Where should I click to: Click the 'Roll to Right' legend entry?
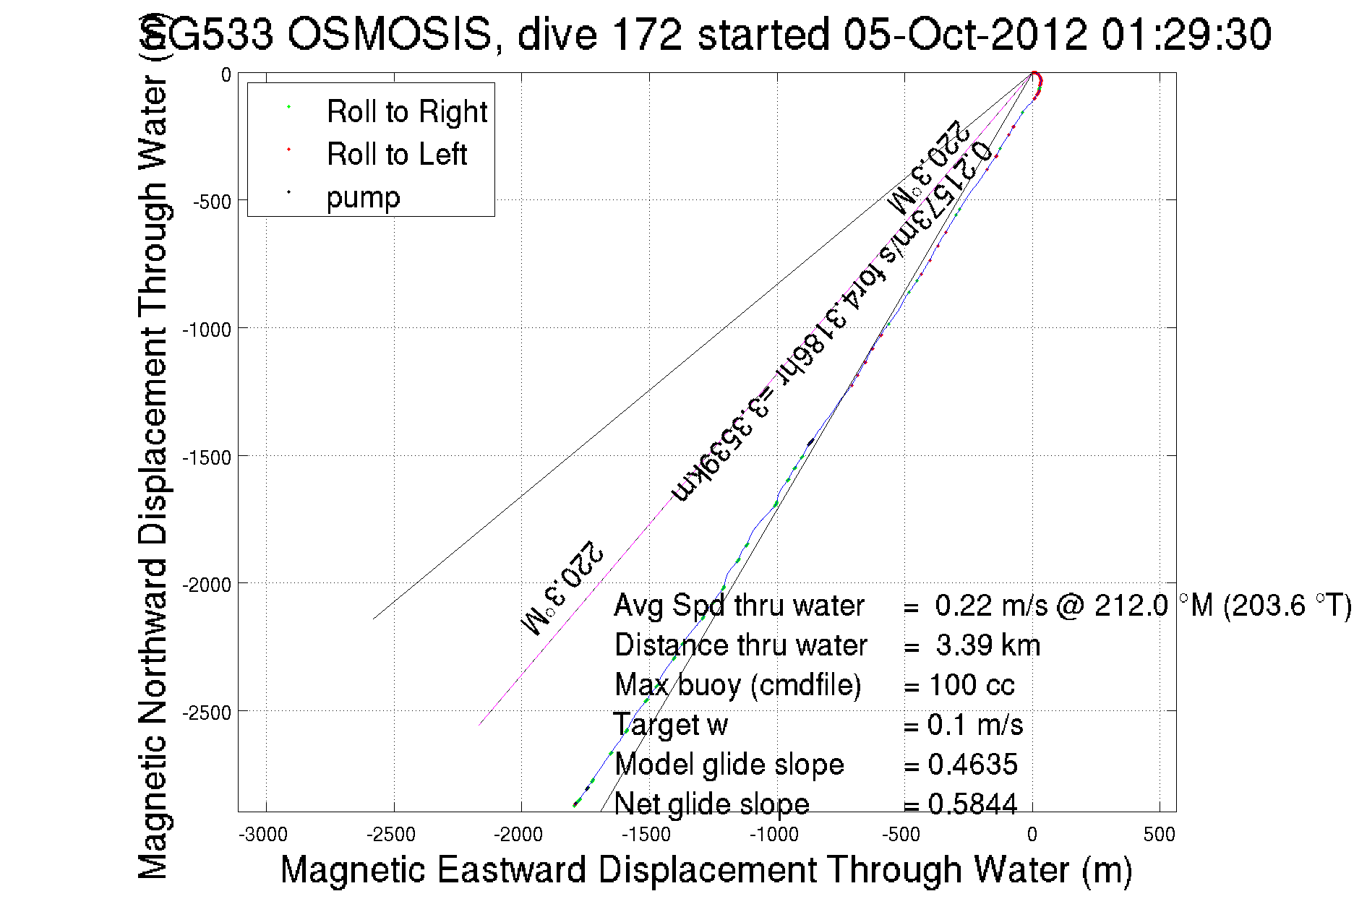pos(406,112)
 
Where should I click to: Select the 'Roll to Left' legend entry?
pos(396,155)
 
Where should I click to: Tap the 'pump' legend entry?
pos(363,197)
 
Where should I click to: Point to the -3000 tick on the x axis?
pos(266,835)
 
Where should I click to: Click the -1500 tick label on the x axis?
pos(646,835)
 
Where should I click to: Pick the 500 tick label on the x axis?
pos(1159,835)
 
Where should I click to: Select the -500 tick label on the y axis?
pos(212,202)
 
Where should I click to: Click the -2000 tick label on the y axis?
pos(206,585)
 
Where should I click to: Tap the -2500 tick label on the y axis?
pos(206,713)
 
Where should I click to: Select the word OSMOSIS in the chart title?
pos(389,35)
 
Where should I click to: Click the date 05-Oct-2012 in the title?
pos(965,35)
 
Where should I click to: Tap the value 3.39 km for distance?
pos(987,645)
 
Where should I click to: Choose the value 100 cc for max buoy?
pos(972,685)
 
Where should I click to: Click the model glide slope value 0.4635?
pos(972,765)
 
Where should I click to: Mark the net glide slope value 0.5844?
pos(972,804)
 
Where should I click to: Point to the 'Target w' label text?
pos(671,725)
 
